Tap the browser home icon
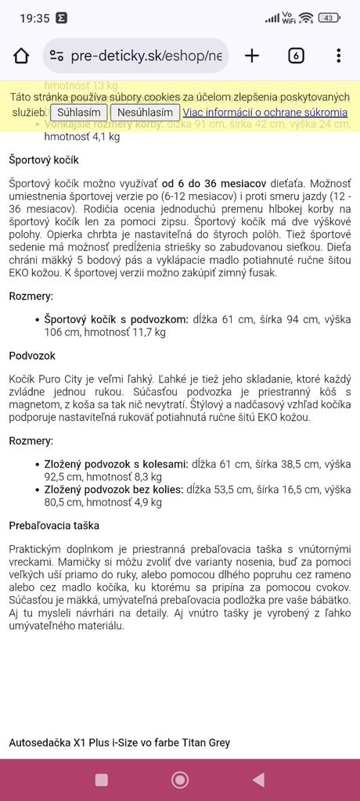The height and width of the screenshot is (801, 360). tap(21, 56)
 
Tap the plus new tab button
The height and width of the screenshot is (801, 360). tap(252, 56)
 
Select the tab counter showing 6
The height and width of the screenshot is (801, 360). tap(296, 56)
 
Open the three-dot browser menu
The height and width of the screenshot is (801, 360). tap(338, 56)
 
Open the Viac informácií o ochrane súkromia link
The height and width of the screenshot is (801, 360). tap(265, 113)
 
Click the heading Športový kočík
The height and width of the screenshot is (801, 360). tap(44, 160)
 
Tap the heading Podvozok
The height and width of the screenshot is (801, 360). tap(32, 355)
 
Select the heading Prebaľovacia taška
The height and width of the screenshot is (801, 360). tap(54, 525)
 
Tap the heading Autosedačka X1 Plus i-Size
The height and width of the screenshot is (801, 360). tap(119, 742)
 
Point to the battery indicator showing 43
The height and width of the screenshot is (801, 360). tap(329, 18)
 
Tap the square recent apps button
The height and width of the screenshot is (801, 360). tap(102, 779)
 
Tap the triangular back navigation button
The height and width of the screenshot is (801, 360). tap(258, 779)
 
